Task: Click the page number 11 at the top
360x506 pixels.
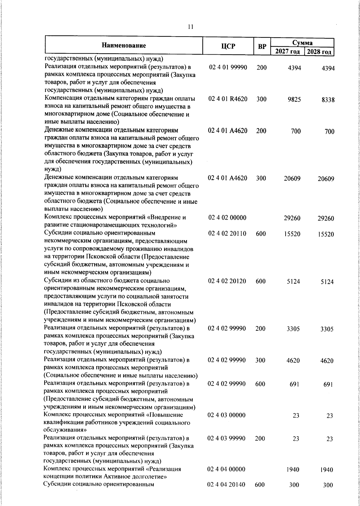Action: click(x=190, y=27)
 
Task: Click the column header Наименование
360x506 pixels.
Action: click(x=124, y=46)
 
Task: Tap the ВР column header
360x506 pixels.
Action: click(x=262, y=47)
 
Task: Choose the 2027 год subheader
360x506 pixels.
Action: click(x=287, y=51)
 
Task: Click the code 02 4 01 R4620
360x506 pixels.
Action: click(x=228, y=99)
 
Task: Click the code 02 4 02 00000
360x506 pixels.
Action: click(x=227, y=218)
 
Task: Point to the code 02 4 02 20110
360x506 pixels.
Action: click(x=227, y=233)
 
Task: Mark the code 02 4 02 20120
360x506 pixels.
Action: click(x=227, y=281)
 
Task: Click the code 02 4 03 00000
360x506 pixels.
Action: click(x=226, y=415)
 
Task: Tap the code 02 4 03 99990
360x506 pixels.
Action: click(x=226, y=438)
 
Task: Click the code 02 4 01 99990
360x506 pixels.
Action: click(x=228, y=68)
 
